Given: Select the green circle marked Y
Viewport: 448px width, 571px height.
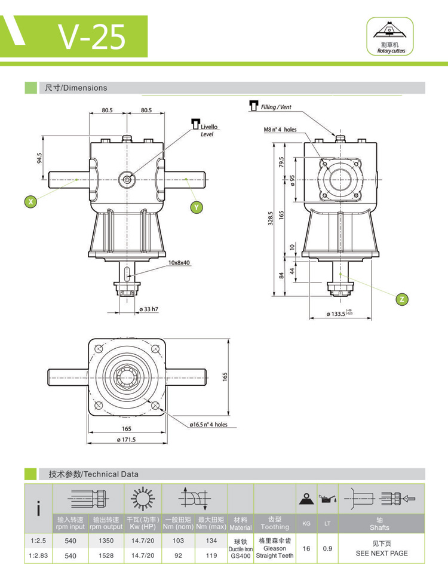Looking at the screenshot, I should point(196,207).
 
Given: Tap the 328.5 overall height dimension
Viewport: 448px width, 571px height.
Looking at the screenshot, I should point(270,219).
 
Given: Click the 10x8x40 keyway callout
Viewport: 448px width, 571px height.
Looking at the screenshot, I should point(179,263).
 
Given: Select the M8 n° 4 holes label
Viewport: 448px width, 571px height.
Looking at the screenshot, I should point(280,129).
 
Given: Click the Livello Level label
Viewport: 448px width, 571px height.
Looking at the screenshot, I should point(209,131).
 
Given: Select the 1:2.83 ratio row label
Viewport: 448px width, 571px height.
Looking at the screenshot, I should point(38,555).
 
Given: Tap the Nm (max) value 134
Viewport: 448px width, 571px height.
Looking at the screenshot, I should point(211,541).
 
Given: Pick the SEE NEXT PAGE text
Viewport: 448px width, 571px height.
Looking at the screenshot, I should point(382,553).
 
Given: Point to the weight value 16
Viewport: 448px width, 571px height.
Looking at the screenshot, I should point(306,548).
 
